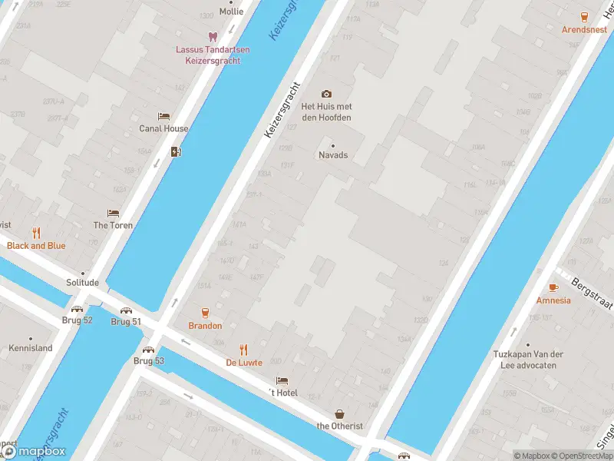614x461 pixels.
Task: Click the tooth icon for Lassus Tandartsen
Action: click(213, 36)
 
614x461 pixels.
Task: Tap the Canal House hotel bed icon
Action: click(163, 117)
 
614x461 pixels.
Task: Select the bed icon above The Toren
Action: click(113, 214)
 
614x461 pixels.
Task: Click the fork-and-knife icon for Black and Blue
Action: click(36, 233)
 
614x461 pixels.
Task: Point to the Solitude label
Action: click(82, 283)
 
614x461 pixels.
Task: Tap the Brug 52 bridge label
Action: click(77, 320)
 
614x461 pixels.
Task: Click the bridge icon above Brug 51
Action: click(125, 311)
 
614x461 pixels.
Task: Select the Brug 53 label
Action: click(149, 360)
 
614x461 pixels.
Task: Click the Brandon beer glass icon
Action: click(205, 312)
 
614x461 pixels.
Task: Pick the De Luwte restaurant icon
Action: click(244, 350)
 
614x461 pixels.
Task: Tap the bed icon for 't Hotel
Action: click(282, 380)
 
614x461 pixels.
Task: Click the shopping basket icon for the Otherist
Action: click(340, 413)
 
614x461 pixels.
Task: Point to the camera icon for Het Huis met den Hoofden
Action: click(326, 94)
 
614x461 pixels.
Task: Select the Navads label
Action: click(333, 154)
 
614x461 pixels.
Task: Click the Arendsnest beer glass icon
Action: click(585, 16)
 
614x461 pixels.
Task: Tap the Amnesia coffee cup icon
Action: click(553, 287)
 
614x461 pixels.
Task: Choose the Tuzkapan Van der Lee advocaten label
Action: click(526, 360)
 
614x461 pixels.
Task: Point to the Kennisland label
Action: click(31, 348)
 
